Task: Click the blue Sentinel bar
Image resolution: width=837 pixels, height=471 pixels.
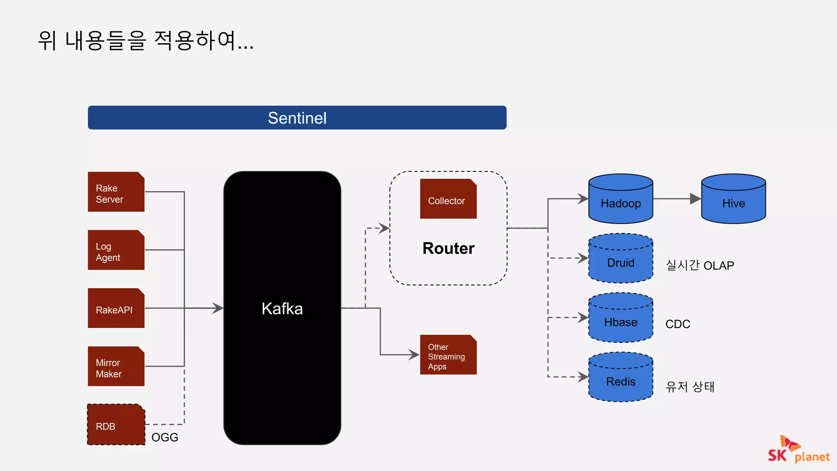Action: (297, 118)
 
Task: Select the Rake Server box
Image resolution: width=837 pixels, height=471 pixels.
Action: (116, 192)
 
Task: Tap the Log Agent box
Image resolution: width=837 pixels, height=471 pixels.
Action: (116, 250)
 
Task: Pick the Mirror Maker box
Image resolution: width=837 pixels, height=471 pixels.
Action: (116, 367)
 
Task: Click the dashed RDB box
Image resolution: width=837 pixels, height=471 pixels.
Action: (116, 425)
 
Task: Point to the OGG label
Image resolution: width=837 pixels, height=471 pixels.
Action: (165, 437)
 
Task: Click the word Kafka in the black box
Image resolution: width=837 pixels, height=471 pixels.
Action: (282, 309)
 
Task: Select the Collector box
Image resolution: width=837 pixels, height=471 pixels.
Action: (448, 199)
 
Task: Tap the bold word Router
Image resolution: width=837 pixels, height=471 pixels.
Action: (448, 249)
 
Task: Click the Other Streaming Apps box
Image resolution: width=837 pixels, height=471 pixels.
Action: (448, 355)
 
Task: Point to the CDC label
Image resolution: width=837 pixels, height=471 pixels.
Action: (678, 324)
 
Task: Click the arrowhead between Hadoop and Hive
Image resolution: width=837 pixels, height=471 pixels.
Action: (695, 199)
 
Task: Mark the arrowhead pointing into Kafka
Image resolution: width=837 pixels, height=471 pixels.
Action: (218, 308)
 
